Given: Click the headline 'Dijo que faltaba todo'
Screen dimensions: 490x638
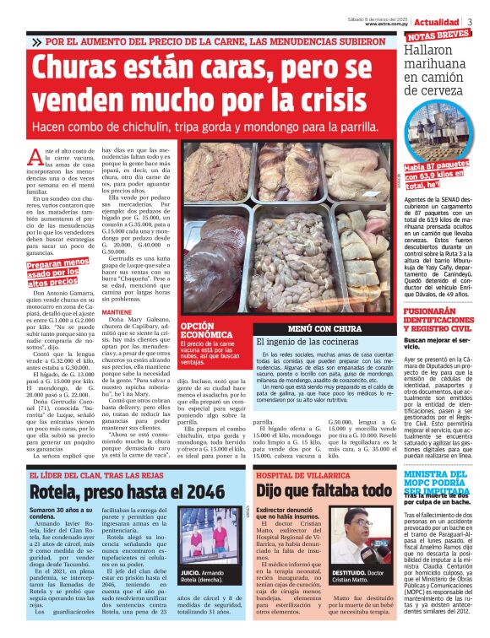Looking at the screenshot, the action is click(x=324, y=491).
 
